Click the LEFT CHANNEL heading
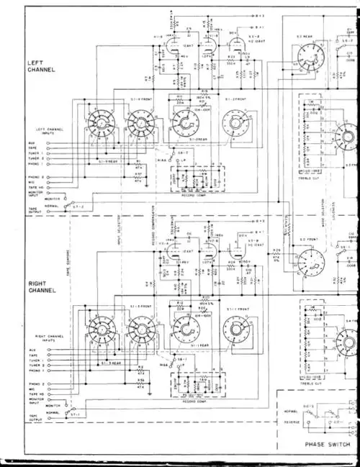coord(37,67)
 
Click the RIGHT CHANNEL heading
coord(37,288)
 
